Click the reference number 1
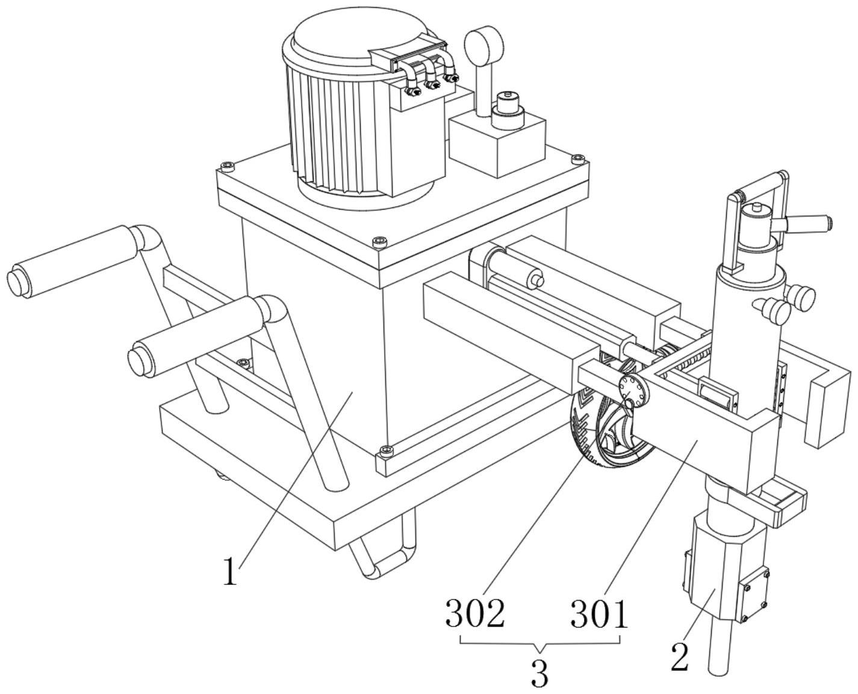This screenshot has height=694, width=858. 230,572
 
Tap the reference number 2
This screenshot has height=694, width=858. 680,657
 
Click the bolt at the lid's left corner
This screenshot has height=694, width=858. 226,166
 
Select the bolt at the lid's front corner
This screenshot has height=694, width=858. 379,242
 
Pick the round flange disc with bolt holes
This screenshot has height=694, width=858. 633,392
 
